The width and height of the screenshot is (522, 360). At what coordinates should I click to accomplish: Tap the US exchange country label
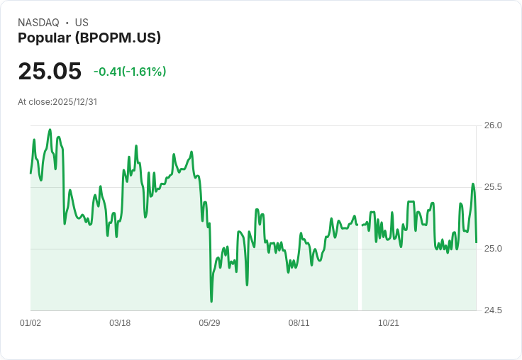coord(82,23)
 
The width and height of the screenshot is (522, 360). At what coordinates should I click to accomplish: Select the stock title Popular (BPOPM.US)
coord(89,38)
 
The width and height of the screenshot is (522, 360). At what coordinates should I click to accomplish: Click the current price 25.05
coord(50,72)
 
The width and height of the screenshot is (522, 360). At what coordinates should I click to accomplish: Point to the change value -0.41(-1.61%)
coord(130,72)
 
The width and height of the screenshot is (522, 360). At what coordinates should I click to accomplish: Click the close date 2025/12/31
coord(74,101)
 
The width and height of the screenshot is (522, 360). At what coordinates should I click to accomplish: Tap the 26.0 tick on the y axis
coord(493,125)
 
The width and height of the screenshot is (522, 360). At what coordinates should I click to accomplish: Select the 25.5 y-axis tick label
coord(493,187)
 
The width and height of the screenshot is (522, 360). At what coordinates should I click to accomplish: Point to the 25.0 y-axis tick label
coord(493,249)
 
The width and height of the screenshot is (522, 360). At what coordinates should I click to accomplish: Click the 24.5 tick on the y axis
coord(493,310)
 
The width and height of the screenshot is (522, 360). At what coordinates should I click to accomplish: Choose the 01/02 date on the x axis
coord(30,323)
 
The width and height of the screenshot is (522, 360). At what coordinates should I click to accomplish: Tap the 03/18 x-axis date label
coord(120,323)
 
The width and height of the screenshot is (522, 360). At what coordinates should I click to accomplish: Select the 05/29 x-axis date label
coord(209,323)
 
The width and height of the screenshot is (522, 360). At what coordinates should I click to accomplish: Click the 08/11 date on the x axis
coord(299,323)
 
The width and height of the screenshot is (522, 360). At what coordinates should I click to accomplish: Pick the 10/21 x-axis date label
coord(389,323)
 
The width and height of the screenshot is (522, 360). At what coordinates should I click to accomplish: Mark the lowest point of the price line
coord(211,301)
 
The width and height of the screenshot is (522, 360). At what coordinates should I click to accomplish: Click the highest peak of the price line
coord(50,130)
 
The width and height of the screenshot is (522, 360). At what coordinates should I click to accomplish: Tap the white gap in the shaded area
coord(360,269)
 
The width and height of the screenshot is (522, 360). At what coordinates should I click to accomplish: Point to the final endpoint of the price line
coord(476,242)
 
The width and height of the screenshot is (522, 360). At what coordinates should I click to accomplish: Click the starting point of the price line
coord(30,173)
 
